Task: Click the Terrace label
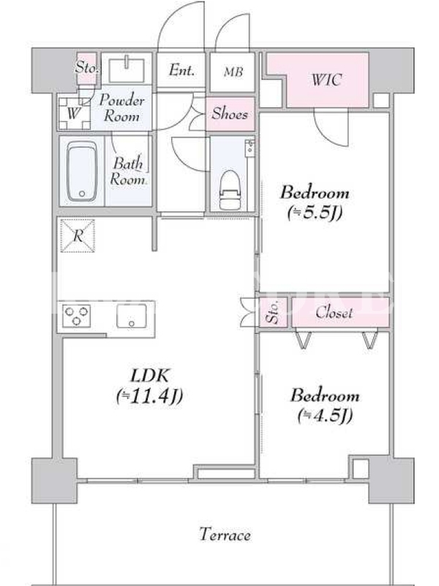(x=225, y=535)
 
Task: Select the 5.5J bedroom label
(x=315, y=202)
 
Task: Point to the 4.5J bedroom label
(x=325, y=405)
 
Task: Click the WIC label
(x=326, y=80)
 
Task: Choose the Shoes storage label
(x=230, y=114)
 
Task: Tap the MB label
(x=233, y=71)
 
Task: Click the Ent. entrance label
(x=181, y=70)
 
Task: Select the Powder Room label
(x=121, y=108)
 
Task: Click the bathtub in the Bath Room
(x=82, y=171)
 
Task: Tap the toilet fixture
(x=230, y=190)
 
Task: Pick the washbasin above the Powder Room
(x=127, y=70)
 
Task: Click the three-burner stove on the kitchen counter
(x=76, y=316)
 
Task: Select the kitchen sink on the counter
(x=131, y=316)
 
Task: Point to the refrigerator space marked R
(x=78, y=235)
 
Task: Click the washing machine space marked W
(x=74, y=114)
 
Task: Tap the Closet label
(x=334, y=313)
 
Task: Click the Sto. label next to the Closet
(x=273, y=313)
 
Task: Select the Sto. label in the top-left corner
(x=86, y=67)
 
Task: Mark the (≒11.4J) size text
(x=149, y=396)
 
